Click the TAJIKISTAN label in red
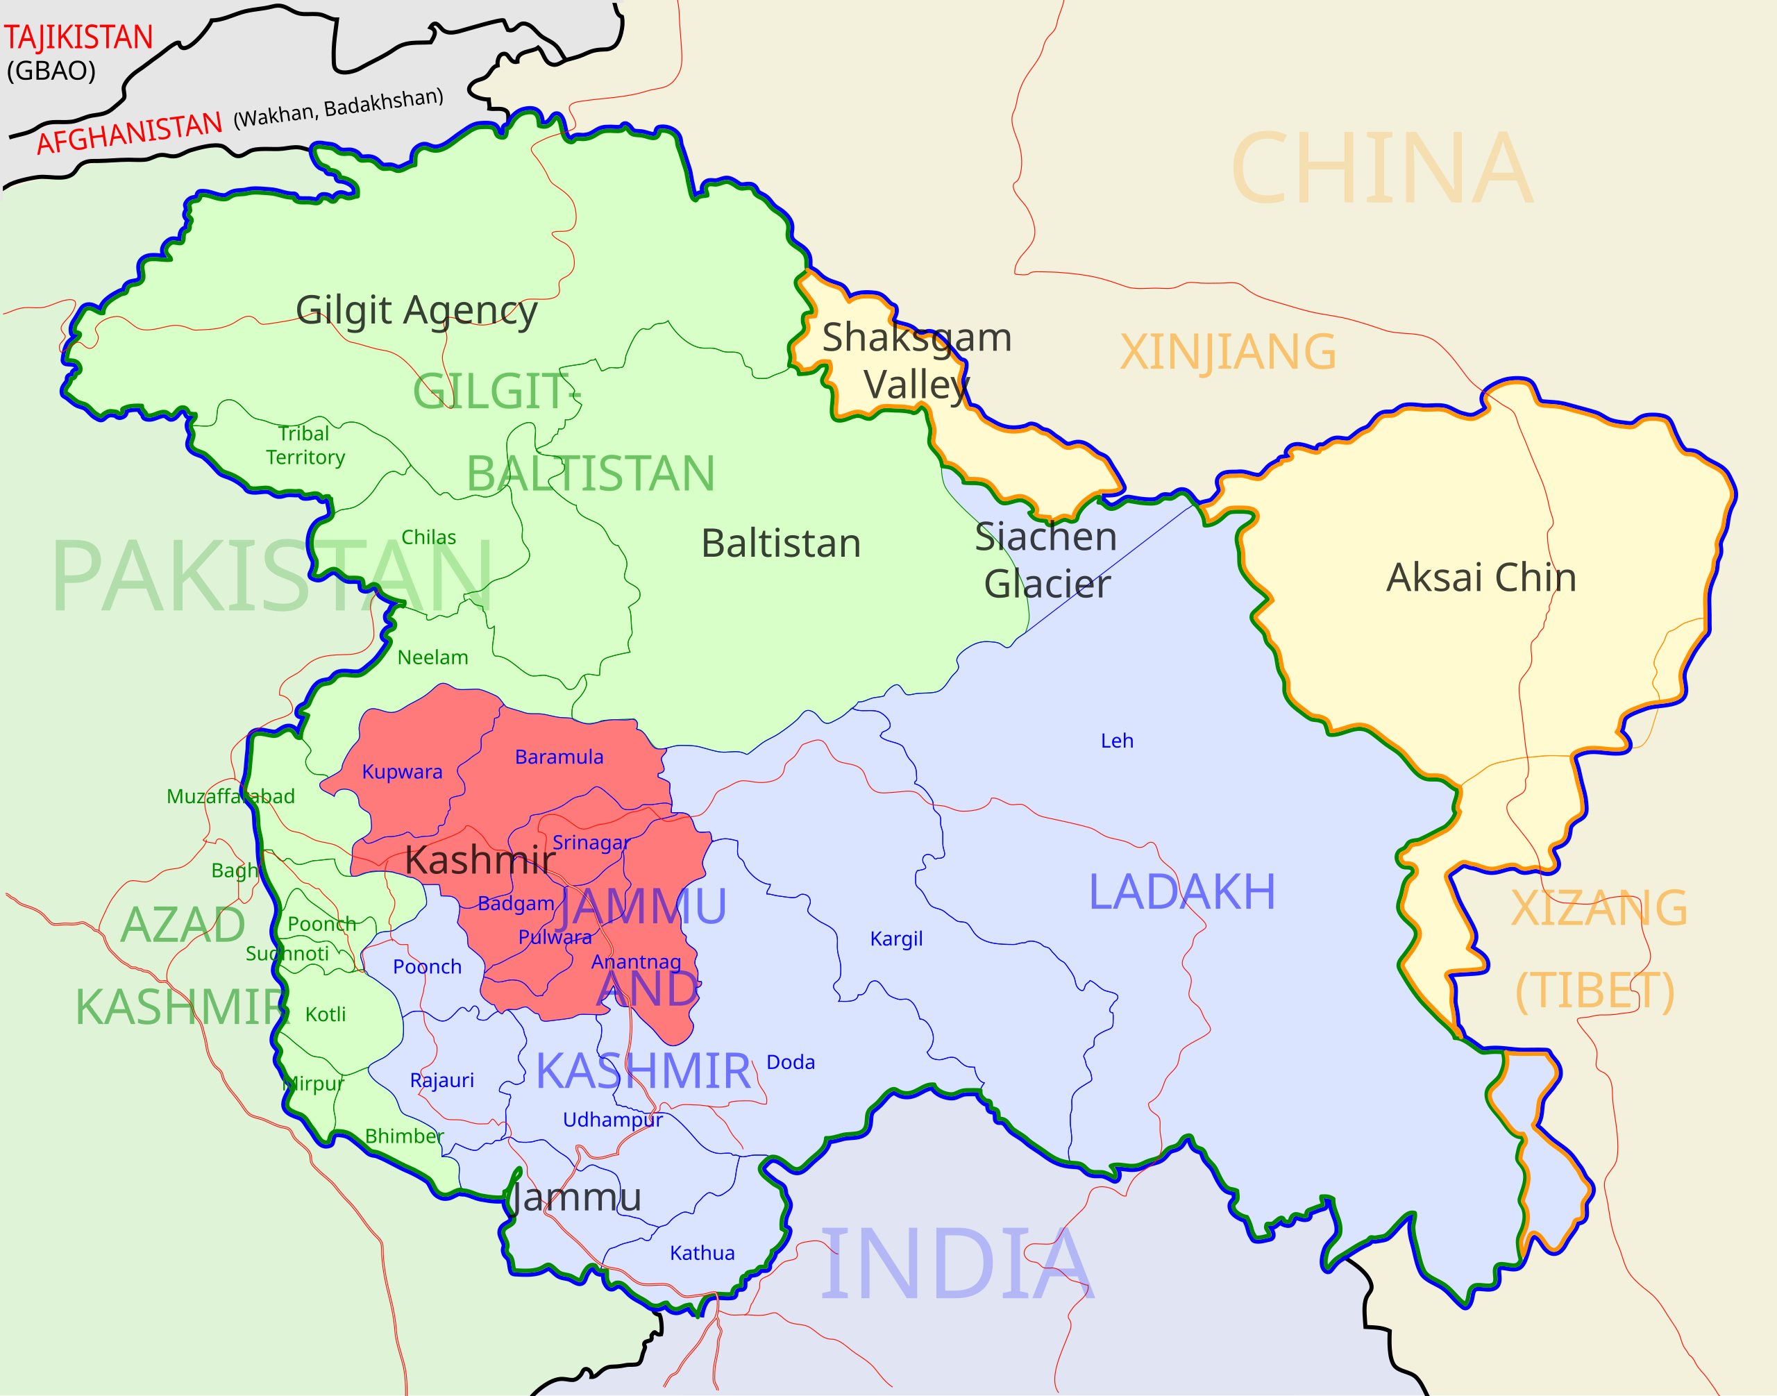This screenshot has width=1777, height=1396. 78,37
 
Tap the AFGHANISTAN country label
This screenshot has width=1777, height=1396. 129,133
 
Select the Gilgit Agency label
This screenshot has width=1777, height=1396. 416,310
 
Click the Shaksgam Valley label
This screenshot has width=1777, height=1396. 916,360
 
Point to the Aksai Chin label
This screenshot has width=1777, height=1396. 1481,578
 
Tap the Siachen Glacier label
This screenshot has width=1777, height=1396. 1046,560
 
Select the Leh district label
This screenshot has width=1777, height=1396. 1117,741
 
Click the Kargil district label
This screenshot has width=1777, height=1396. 896,939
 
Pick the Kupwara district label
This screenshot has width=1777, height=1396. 401,771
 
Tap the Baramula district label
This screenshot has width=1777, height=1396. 559,757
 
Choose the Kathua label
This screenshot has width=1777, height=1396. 702,1253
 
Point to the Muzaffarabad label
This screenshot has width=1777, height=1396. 230,796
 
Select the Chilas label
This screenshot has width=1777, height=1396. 428,537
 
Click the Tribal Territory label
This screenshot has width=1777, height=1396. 305,445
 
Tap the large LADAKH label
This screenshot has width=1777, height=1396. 1182,892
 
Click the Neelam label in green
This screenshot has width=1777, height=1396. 432,657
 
